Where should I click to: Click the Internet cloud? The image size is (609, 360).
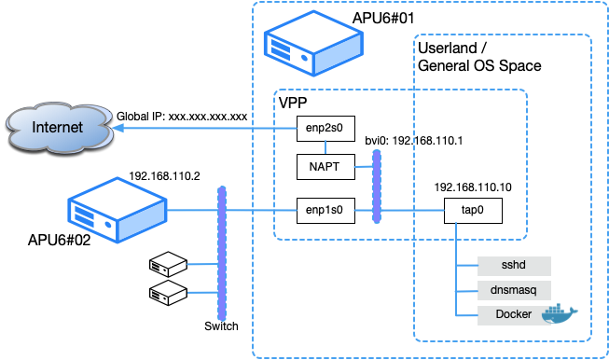[58, 128]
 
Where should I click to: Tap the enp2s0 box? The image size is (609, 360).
[325, 129]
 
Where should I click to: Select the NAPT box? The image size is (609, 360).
[325, 167]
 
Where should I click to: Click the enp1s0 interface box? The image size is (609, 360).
[325, 211]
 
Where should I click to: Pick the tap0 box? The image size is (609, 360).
[474, 211]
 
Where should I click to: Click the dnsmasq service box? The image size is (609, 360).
[514, 290]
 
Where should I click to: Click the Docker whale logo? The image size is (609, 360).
[561, 314]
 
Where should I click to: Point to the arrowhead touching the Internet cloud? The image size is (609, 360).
[119, 129]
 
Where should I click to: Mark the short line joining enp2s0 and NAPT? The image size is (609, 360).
[325, 147]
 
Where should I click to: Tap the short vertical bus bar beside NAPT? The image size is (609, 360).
[377, 186]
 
